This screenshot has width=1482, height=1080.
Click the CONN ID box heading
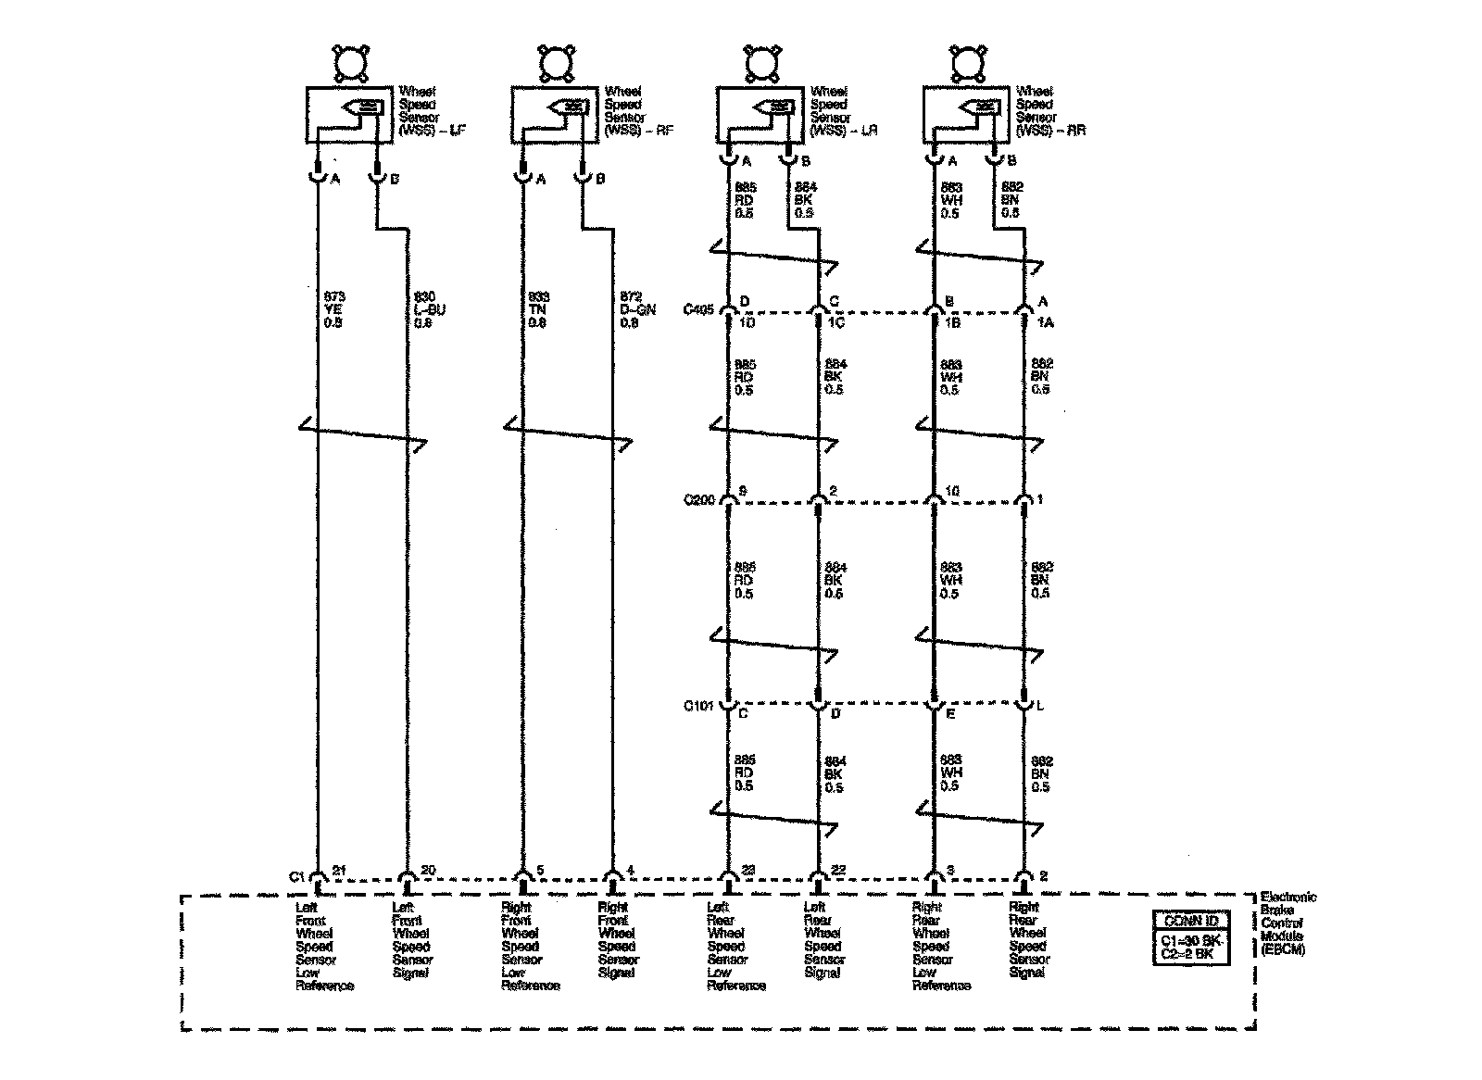(x=1191, y=921)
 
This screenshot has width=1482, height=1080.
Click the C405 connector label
(x=698, y=310)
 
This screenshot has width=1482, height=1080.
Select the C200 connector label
(x=698, y=500)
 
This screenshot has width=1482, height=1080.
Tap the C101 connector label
(x=698, y=706)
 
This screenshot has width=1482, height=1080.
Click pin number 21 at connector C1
(x=339, y=870)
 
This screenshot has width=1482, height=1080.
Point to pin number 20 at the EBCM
(x=429, y=870)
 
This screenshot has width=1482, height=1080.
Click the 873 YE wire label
(x=334, y=310)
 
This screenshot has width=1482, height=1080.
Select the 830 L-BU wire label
(x=429, y=310)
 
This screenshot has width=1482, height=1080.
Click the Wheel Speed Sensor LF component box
(x=348, y=115)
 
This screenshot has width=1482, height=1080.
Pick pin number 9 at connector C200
(x=742, y=490)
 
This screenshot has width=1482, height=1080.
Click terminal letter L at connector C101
(x=1040, y=707)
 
